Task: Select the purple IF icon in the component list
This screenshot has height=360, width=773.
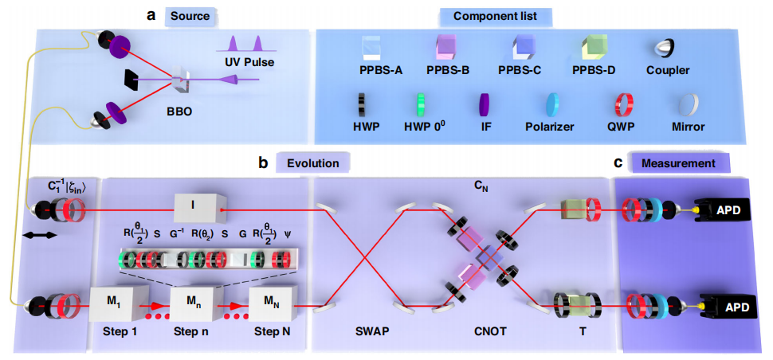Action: point(482,105)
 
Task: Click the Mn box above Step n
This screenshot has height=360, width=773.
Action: point(194,303)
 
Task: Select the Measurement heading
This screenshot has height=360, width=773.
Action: point(684,163)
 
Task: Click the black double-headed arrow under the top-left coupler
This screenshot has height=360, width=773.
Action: point(40,237)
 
